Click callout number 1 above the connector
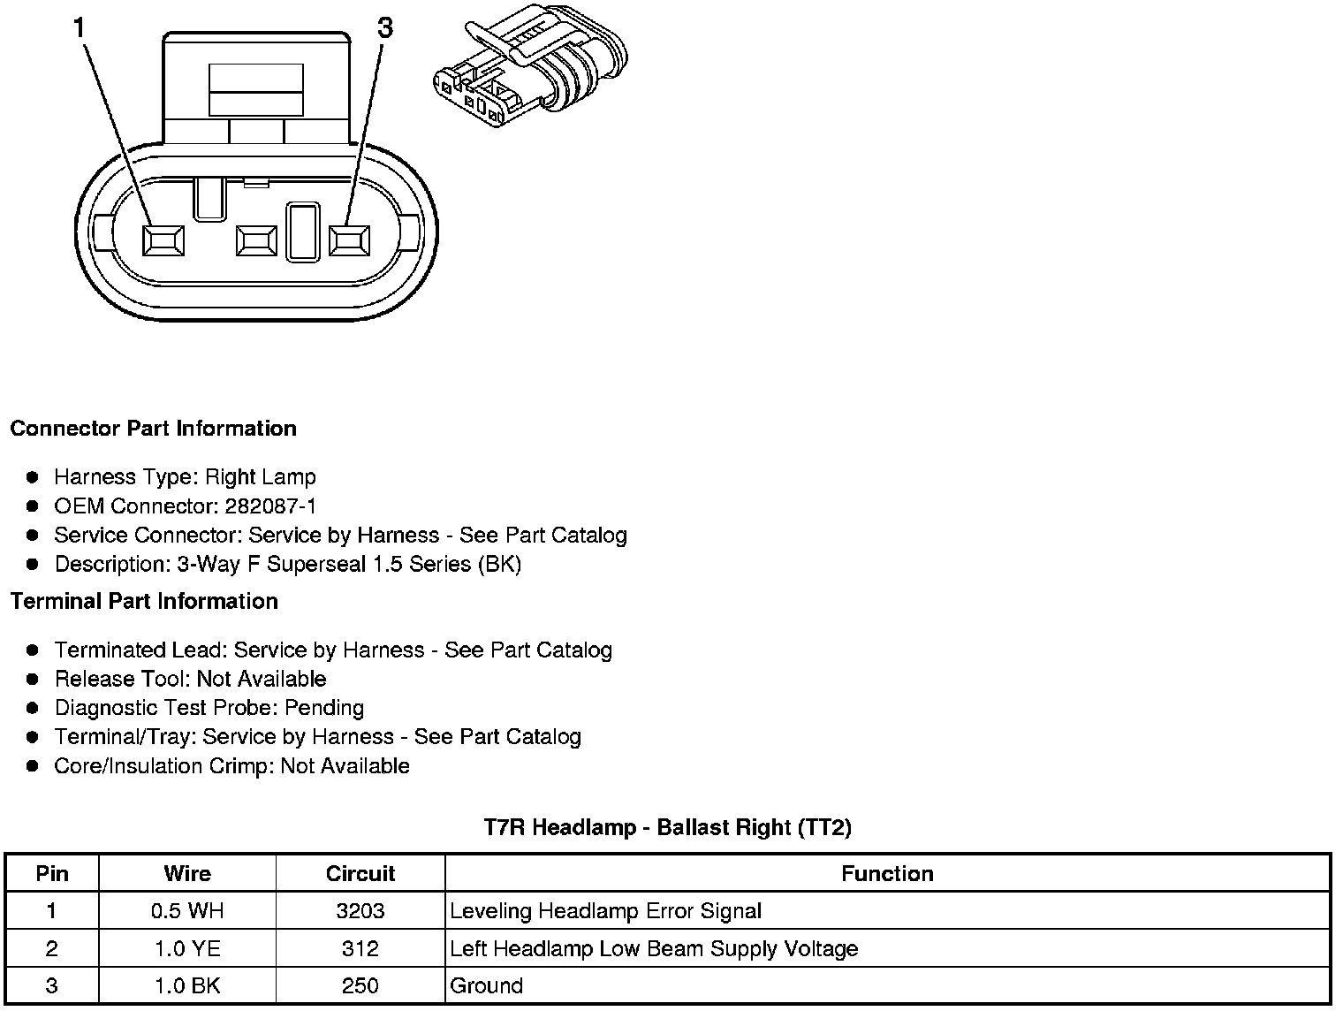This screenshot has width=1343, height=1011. click(80, 28)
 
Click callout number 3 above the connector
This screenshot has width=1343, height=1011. click(384, 28)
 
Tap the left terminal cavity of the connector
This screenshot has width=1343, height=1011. click(163, 239)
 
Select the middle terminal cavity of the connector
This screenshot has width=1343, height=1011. click(256, 240)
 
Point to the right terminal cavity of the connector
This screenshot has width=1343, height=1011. click(350, 239)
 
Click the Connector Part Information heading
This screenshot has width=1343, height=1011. click(153, 429)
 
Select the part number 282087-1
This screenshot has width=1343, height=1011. click(271, 506)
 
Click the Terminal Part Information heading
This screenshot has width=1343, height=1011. click(144, 602)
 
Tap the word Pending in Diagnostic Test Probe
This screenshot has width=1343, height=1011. click(324, 708)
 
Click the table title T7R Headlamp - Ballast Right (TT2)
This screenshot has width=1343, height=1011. click(667, 827)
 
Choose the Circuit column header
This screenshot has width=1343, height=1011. click(360, 874)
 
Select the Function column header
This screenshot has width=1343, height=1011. click(887, 874)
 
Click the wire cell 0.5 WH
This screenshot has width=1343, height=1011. click(187, 911)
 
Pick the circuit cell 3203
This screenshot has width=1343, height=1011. click(360, 911)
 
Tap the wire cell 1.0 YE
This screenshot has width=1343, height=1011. click(187, 949)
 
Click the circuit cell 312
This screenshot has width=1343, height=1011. click(360, 949)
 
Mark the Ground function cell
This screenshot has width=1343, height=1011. click(487, 986)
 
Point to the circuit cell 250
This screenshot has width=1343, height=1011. click(360, 986)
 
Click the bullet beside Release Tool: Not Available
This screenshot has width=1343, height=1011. click(33, 679)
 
